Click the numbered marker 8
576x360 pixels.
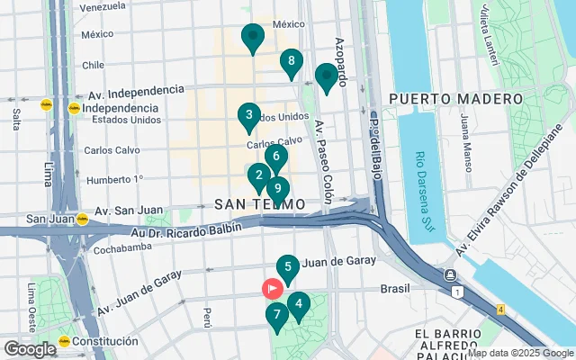pyautogui.click(x=290, y=62)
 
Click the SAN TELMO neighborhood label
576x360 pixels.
pyautogui.click(x=257, y=205)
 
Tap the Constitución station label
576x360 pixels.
pyautogui.click(x=105, y=341)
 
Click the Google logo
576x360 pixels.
pyautogui.click(x=30, y=349)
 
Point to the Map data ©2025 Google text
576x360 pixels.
pyautogui.click(x=519, y=353)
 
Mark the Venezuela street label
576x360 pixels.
pyautogui.click(x=102, y=7)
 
